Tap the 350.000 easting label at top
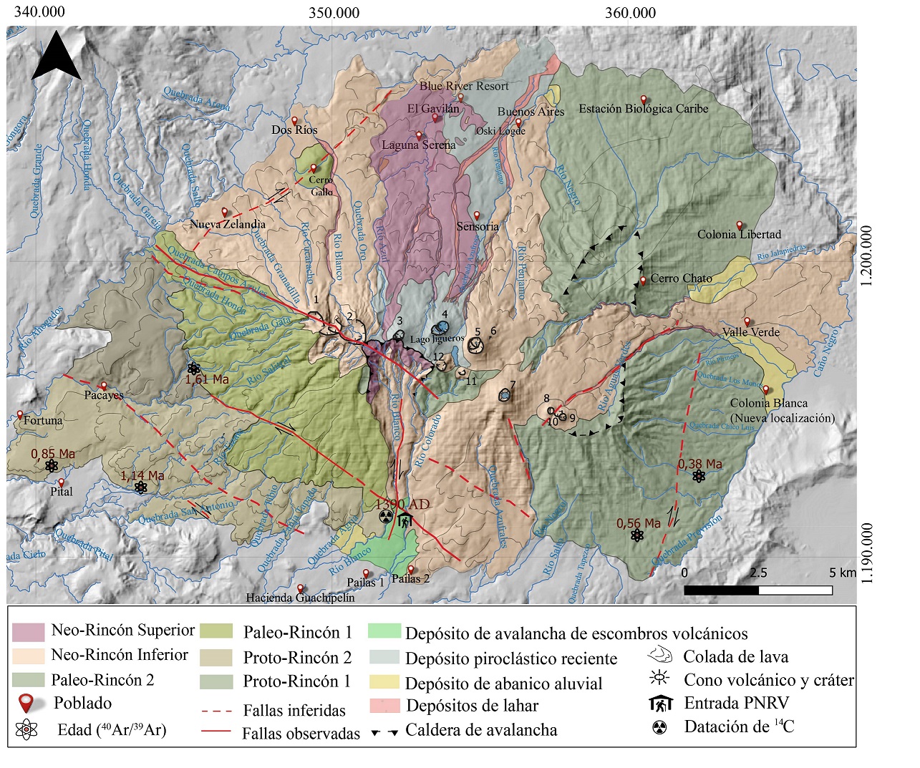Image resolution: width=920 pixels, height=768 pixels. coord(334,12)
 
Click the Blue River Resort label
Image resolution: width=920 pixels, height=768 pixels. coord(464,86)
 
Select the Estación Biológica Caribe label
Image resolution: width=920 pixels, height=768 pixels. coord(643,109)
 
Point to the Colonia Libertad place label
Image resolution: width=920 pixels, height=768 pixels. coord(739,234)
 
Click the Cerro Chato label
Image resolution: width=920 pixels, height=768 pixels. coord(681,278)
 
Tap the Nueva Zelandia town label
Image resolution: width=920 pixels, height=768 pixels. coord(227,224)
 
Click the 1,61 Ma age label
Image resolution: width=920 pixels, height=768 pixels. coord(207,379)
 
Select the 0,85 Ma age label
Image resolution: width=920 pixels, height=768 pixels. coord(53,454)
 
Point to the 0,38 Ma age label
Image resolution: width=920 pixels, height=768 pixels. coord(699,464)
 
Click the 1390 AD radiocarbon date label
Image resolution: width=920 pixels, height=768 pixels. coord(403,505)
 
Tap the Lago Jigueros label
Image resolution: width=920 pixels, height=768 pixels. coord(437,339)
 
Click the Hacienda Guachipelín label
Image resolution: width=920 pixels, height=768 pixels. coord(300,598)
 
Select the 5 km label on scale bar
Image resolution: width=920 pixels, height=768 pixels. coord(842,573)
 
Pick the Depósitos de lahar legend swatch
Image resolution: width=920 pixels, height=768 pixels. coord(384,706)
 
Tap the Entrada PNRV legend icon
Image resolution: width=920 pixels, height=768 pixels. coord(660,704)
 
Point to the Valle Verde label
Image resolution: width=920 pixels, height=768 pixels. coord(750,332)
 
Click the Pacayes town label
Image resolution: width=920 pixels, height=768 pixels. coord(104,395)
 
